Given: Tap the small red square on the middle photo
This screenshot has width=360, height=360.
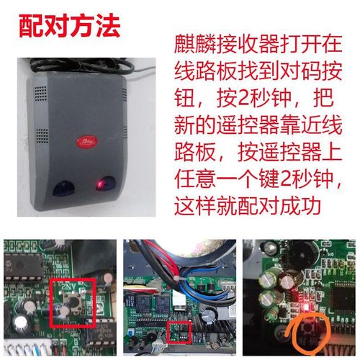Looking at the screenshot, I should pos(176,333).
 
